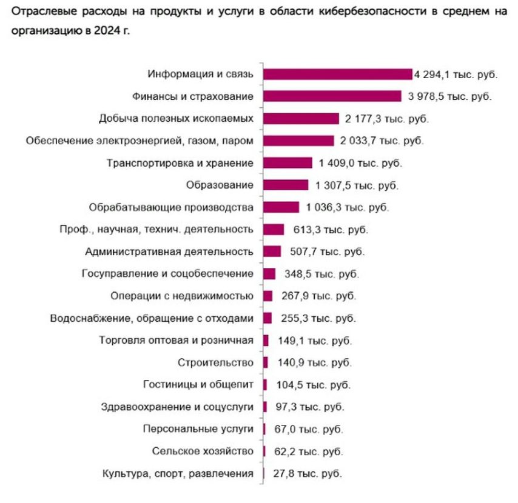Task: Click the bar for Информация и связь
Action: (x=337, y=74)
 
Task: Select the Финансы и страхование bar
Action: (x=332, y=96)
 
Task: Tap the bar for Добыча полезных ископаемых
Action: (x=301, y=118)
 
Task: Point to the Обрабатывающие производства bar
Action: (x=281, y=207)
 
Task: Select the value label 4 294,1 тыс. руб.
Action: (x=455, y=75)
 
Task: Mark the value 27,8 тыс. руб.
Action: (x=307, y=473)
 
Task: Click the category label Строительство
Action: (x=215, y=362)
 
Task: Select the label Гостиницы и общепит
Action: (x=198, y=385)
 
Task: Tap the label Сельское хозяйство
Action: (x=207, y=451)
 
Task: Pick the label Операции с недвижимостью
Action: (x=182, y=296)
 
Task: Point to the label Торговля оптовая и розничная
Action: (x=176, y=340)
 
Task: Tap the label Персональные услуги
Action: (x=198, y=429)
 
